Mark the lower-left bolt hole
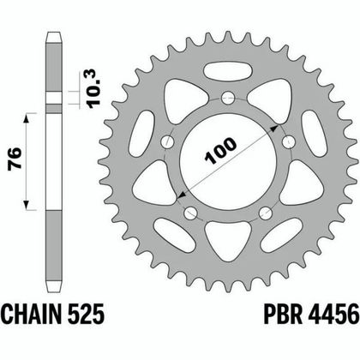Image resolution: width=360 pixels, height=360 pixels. (x=190, y=212)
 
